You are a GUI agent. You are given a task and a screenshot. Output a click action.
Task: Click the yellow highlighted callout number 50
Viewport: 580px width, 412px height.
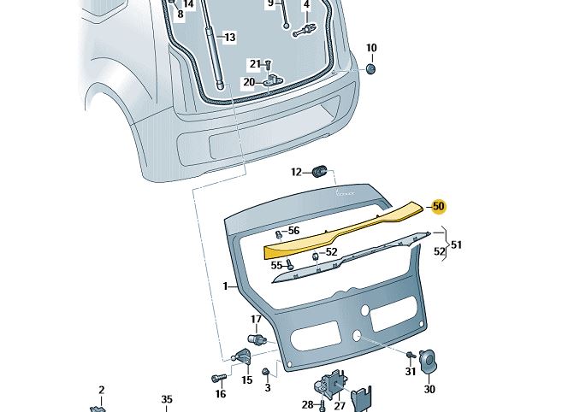tap(439, 206)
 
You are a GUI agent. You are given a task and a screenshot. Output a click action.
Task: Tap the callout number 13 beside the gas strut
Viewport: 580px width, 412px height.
tap(229, 38)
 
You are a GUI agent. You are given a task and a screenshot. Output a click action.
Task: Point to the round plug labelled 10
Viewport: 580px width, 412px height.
tap(371, 68)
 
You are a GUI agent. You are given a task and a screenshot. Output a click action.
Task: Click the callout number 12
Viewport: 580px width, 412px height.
tap(296, 172)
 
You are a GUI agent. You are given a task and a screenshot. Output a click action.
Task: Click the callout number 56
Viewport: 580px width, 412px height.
tap(293, 231)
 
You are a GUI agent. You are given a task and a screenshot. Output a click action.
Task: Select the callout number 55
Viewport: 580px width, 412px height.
tap(276, 266)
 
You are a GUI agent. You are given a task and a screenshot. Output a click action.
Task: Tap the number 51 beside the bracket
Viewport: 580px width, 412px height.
tap(456, 245)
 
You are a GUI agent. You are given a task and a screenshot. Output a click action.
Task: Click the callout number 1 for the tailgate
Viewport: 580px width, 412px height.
tap(226, 286)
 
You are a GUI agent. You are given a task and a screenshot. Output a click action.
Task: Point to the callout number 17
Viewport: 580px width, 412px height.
tap(255, 320)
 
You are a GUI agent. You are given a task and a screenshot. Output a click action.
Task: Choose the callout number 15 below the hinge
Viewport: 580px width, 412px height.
tap(246, 380)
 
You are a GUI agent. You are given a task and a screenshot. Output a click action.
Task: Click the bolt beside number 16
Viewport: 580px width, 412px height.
tap(216, 377)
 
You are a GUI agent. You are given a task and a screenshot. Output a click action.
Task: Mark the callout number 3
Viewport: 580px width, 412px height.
tap(267, 388)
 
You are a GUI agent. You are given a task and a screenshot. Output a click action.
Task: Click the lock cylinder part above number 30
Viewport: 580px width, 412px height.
tap(429, 362)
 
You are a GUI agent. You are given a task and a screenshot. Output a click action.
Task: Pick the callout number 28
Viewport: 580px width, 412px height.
tap(307, 404)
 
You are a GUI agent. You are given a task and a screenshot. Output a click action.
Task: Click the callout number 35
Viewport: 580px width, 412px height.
tap(167, 399)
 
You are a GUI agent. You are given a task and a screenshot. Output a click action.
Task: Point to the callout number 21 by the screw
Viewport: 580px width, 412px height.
tap(255, 64)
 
